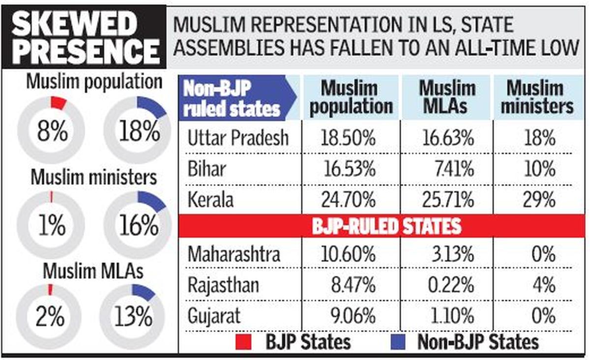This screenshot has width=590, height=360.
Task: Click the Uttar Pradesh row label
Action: pos(238,138)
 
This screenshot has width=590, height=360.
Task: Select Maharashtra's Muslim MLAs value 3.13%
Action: pos(450,255)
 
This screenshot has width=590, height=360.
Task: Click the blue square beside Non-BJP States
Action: pos(400,342)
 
